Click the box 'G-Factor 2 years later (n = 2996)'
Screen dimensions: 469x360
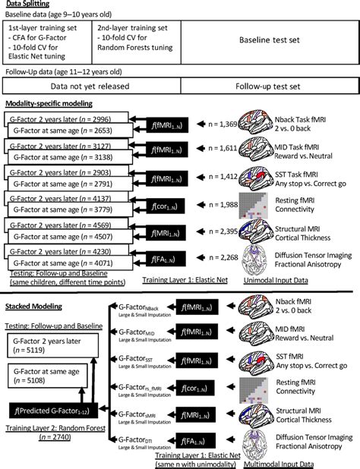tap(57, 119)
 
